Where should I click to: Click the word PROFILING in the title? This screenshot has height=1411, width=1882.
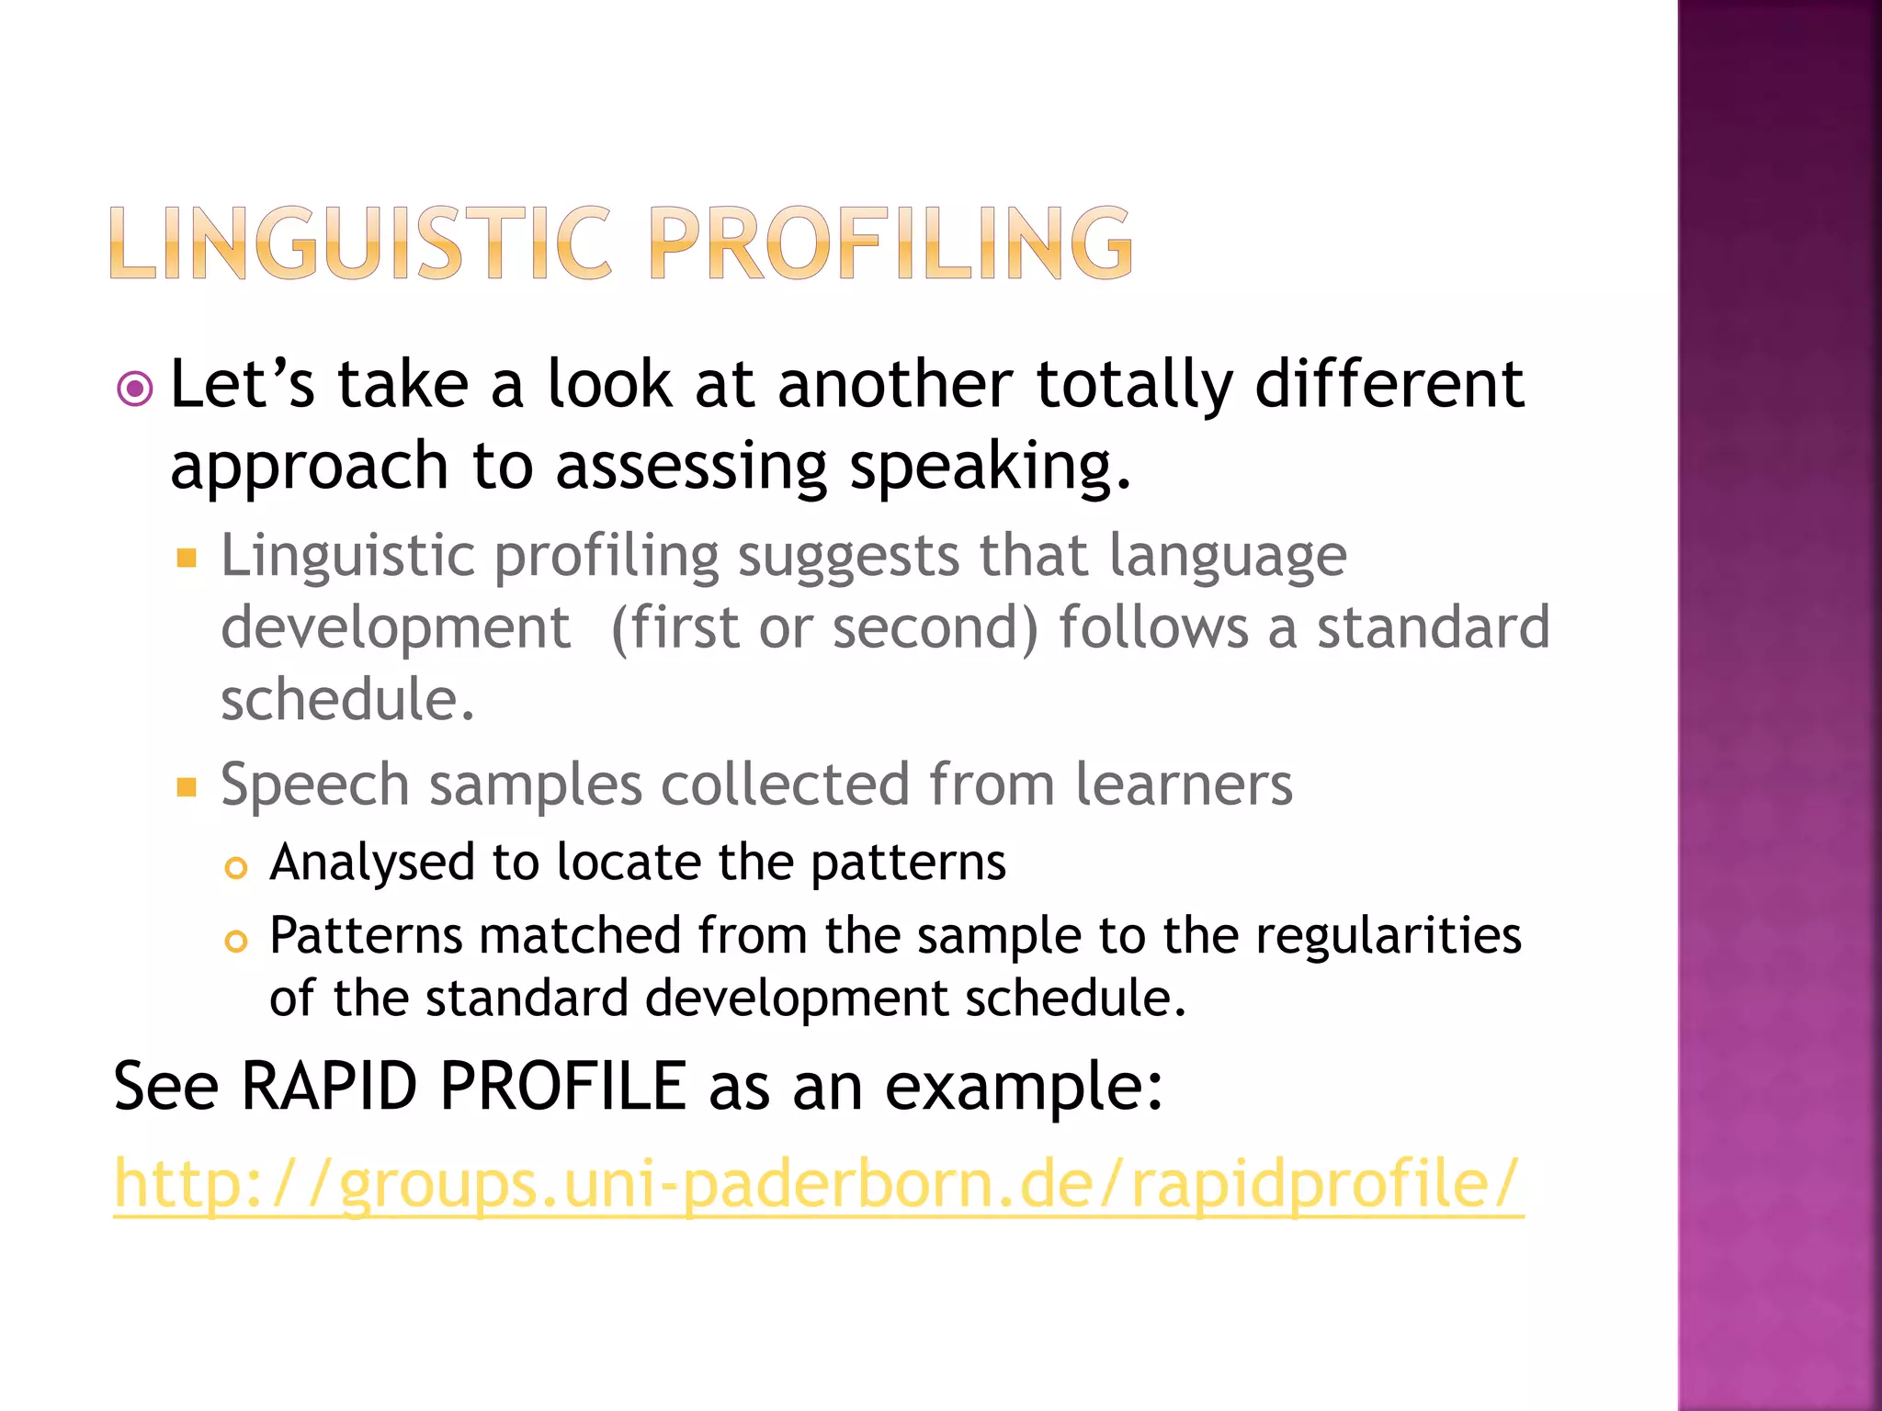pyautogui.click(x=890, y=243)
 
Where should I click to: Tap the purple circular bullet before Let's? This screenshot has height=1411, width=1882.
pyautogui.click(x=135, y=389)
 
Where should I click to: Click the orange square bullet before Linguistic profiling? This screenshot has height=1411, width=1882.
pyautogui.click(x=187, y=558)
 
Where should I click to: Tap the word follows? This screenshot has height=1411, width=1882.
pyautogui.click(x=1153, y=628)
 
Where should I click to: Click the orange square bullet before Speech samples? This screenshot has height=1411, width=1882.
pyautogui.click(x=187, y=787)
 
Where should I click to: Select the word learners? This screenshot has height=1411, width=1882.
pyautogui.click(x=1184, y=785)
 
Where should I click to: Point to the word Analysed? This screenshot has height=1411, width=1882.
pyautogui.click(x=371, y=864)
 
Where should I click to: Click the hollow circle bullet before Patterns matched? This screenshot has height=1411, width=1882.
pyautogui.click(x=236, y=941)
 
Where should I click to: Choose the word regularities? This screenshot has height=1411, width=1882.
pyautogui.click(x=1389, y=937)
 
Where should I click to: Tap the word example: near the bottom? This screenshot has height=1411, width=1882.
pyautogui.click(x=1023, y=1087)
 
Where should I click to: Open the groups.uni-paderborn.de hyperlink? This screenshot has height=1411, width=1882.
pyautogui.click(x=818, y=1186)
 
